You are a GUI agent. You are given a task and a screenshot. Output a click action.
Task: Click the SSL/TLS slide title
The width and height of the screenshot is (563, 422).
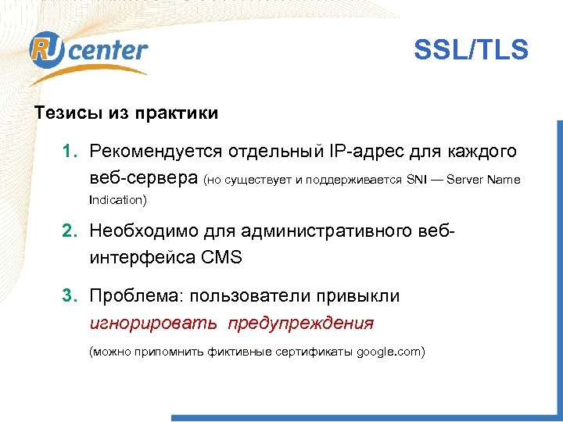point(471,51)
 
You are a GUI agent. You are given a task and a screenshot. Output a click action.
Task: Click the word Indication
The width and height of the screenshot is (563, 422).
point(116,200)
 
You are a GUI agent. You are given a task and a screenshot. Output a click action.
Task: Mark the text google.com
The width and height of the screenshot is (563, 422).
point(388,352)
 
